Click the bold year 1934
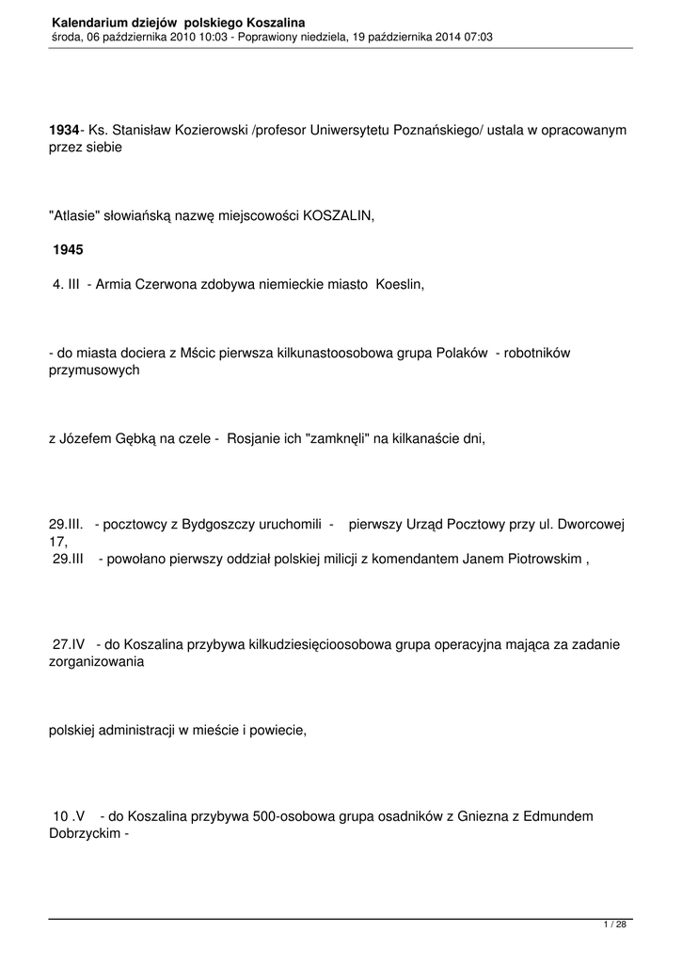[x=63, y=129]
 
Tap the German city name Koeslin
[x=400, y=283]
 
